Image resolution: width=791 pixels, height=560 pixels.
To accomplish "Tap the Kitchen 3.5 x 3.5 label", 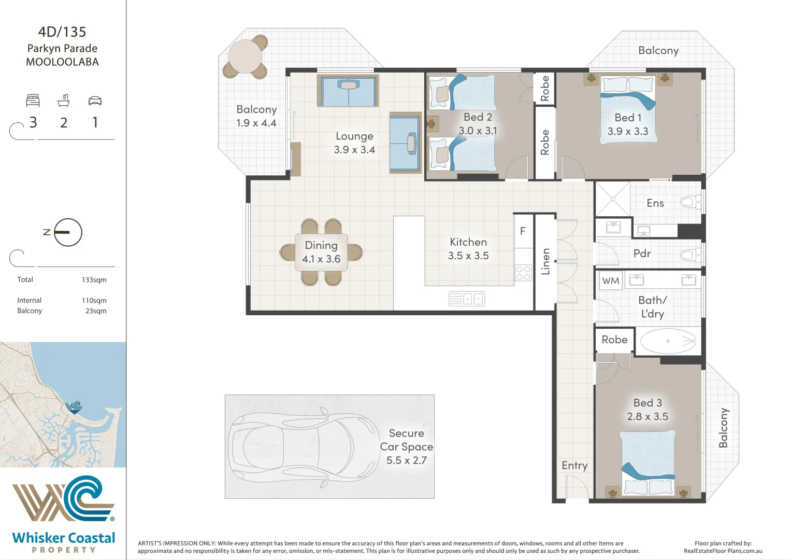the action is [x=468, y=249].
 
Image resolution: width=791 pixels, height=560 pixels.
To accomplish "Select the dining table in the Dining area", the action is [x=321, y=252].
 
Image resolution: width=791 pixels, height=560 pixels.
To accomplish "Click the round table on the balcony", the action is [x=245, y=57].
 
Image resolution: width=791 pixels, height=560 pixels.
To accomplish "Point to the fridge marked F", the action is [x=523, y=231].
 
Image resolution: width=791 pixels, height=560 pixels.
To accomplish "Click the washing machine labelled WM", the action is [x=611, y=281].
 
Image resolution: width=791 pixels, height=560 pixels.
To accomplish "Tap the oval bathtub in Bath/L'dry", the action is [x=668, y=341].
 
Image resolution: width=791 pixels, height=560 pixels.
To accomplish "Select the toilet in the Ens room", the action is [x=691, y=203].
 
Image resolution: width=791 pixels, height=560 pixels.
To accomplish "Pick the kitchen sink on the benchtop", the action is [x=467, y=299].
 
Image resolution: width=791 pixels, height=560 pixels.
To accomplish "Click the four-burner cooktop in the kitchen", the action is [x=523, y=273].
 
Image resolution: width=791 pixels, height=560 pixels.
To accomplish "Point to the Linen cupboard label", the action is [x=545, y=262].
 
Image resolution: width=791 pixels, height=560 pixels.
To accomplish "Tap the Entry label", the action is [x=574, y=466].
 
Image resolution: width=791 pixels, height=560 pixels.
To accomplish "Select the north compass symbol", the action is [x=68, y=232].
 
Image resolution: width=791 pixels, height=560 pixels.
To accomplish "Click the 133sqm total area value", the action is [x=94, y=279].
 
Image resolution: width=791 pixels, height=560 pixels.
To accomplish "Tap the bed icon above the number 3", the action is [x=33, y=101].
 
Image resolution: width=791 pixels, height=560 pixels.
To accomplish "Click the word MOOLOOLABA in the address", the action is [x=63, y=62].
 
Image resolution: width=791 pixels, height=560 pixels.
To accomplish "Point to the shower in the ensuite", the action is [x=613, y=199].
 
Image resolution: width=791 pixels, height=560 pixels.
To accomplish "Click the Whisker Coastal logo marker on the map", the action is [x=74, y=408].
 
